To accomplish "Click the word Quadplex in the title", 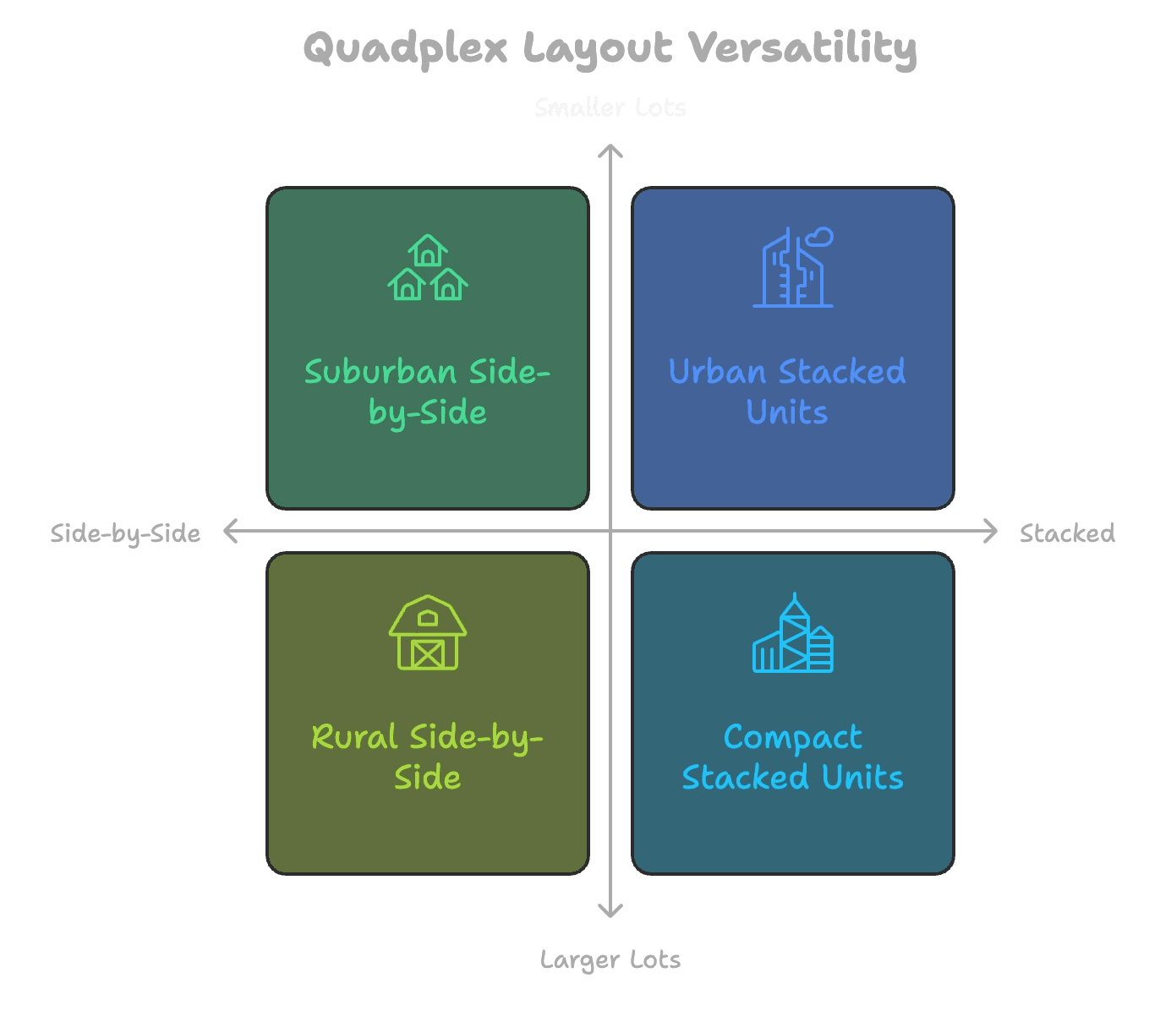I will coord(405,48).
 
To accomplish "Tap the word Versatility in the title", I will coord(802,48).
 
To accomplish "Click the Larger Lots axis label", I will coord(610,959).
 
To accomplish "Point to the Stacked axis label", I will coord(1067,533).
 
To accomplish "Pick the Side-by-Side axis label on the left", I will coord(125,533).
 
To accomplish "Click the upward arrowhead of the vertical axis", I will coord(610,150).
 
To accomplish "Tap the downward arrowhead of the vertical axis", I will coord(610,911).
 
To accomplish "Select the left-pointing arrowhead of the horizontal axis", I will coord(230,531).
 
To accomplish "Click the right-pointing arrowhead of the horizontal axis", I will coord(991,531).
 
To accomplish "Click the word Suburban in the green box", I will coord(380,372).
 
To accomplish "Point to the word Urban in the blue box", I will coord(717,372).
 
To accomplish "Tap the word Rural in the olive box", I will coord(354,737).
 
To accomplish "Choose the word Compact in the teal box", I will coord(793,738).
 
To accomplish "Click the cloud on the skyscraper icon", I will coord(820,237).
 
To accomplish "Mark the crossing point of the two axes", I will coord(610,531).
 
